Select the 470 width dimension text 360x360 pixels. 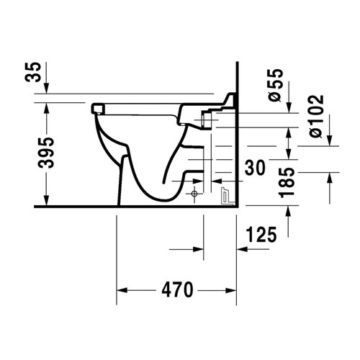176,291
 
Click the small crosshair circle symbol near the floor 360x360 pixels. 194,194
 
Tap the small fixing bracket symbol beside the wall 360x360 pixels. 225,194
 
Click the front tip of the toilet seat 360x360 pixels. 96,108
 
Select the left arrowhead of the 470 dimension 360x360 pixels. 122,291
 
